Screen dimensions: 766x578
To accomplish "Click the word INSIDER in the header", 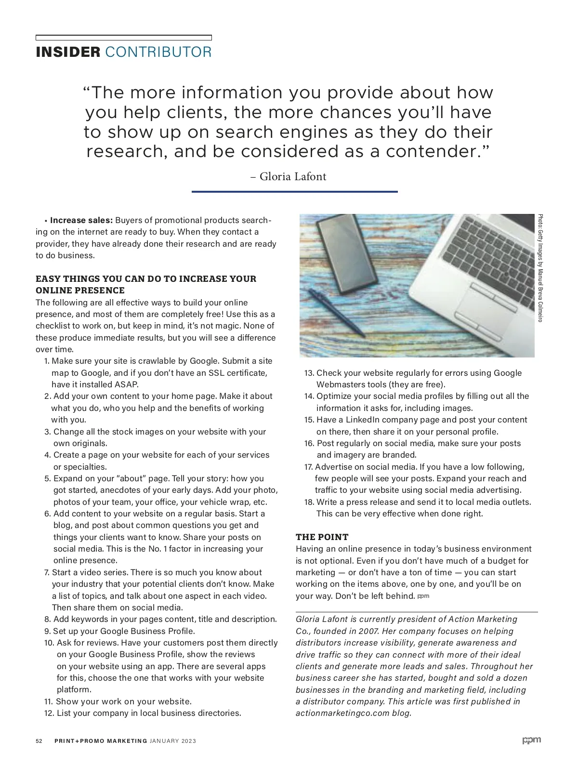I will tap(67, 52).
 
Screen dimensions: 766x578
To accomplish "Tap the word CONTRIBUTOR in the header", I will tap(158, 52).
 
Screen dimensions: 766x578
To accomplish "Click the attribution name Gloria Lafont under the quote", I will tap(293, 177).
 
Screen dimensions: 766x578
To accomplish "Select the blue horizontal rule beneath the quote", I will tap(294, 192).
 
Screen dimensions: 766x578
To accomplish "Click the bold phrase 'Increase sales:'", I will tap(81, 220).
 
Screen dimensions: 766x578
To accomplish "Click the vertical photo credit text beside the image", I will tap(540, 268).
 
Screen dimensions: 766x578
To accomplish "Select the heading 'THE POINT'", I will tap(322, 537).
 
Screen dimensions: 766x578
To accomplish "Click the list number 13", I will tap(309, 373).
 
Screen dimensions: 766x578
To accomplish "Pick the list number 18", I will tap(309, 502).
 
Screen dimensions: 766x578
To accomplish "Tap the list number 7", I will tap(47, 572).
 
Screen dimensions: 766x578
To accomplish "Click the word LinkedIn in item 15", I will tap(362, 420).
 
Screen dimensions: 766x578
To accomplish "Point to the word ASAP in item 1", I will tap(126, 384).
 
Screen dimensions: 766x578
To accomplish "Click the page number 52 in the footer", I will tap(39, 741).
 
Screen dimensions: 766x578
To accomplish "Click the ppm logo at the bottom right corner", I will tap(531, 740).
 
